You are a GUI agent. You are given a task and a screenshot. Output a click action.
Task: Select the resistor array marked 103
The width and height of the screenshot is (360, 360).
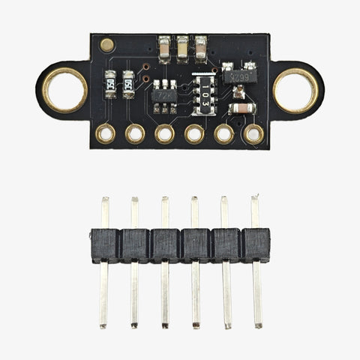[205, 94]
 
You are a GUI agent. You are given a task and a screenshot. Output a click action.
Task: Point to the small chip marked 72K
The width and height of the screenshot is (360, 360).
[166, 96]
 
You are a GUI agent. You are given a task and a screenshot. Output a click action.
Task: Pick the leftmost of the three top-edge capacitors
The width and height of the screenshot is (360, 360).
[165, 47]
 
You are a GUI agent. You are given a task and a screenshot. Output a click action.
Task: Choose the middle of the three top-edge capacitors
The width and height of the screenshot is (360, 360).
[182, 47]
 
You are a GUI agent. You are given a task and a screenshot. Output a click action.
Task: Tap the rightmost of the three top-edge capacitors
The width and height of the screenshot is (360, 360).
[200, 47]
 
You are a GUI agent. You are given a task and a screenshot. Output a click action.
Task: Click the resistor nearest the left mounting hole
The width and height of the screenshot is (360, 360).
[110, 83]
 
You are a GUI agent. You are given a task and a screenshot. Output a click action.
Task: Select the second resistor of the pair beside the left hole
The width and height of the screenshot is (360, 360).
[128, 83]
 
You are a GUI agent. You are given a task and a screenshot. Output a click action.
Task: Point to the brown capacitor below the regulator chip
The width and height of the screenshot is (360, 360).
[241, 109]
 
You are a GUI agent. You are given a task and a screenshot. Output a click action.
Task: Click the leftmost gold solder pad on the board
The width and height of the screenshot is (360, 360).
[106, 134]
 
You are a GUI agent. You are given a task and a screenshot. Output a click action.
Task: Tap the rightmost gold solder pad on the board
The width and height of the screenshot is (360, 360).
[253, 134]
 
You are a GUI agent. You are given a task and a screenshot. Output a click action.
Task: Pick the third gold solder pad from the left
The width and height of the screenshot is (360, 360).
[164, 134]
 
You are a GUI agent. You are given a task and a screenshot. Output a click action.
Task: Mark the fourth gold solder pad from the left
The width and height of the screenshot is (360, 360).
[194, 134]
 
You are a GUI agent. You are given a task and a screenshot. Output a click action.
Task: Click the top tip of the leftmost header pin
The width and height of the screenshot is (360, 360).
[105, 200]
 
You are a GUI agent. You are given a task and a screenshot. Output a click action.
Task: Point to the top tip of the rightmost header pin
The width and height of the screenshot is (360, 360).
[255, 199]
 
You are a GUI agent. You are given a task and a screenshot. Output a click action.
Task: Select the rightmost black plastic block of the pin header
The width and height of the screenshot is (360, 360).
[256, 245]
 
